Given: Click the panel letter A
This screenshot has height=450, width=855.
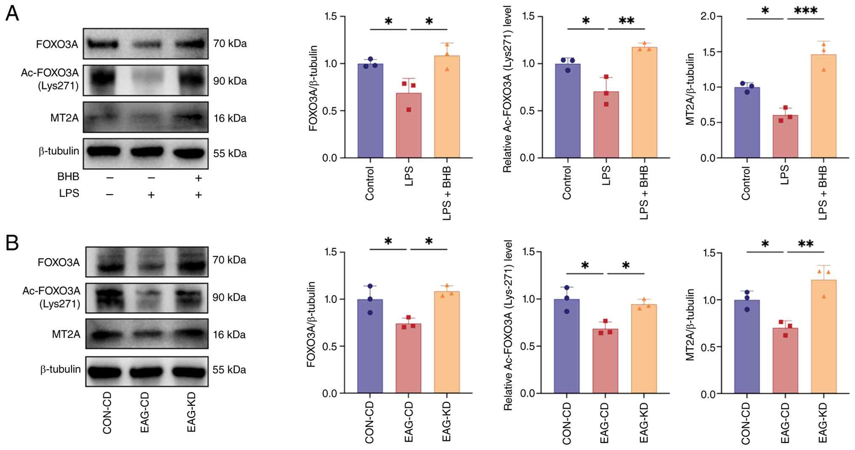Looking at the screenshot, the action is [x=12, y=13].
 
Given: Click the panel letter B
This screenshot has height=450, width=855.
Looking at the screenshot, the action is [x=12, y=243].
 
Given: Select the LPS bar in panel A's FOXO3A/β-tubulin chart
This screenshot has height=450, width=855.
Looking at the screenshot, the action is [x=409, y=126].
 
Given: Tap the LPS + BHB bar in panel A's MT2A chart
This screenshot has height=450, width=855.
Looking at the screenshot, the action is [x=823, y=106].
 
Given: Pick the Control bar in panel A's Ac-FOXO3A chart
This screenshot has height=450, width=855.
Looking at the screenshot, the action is [x=568, y=111].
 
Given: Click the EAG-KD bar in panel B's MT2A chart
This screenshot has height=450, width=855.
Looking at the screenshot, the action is [x=823, y=337].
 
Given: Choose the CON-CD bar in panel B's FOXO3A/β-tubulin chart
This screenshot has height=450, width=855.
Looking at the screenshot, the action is [x=370, y=346].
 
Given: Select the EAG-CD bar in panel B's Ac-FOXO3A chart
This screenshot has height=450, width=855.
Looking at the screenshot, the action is [x=605, y=361].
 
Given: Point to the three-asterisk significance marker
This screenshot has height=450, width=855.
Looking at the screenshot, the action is [x=805, y=11].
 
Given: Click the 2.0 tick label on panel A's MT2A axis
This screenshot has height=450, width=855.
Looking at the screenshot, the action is [x=708, y=16].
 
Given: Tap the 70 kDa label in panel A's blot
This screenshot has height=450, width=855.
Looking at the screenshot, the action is [x=230, y=43].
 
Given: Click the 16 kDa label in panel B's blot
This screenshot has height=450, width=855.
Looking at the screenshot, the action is [x=229, y=335].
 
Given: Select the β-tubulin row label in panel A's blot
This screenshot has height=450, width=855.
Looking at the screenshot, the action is [x=59, y=151].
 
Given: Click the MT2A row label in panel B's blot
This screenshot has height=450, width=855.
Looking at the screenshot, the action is [x=66, y=334].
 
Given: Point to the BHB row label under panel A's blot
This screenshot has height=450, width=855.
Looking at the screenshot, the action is [x=68, y=176].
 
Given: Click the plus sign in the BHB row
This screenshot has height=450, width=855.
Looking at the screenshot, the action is [x=198, y=178].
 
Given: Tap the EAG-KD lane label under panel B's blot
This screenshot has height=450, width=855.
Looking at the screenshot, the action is [x=191, y=412].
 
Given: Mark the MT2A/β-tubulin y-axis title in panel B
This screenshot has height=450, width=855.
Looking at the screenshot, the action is [x=690, y=324].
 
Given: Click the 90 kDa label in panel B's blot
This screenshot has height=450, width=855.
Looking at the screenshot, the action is [x=229, y=297].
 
